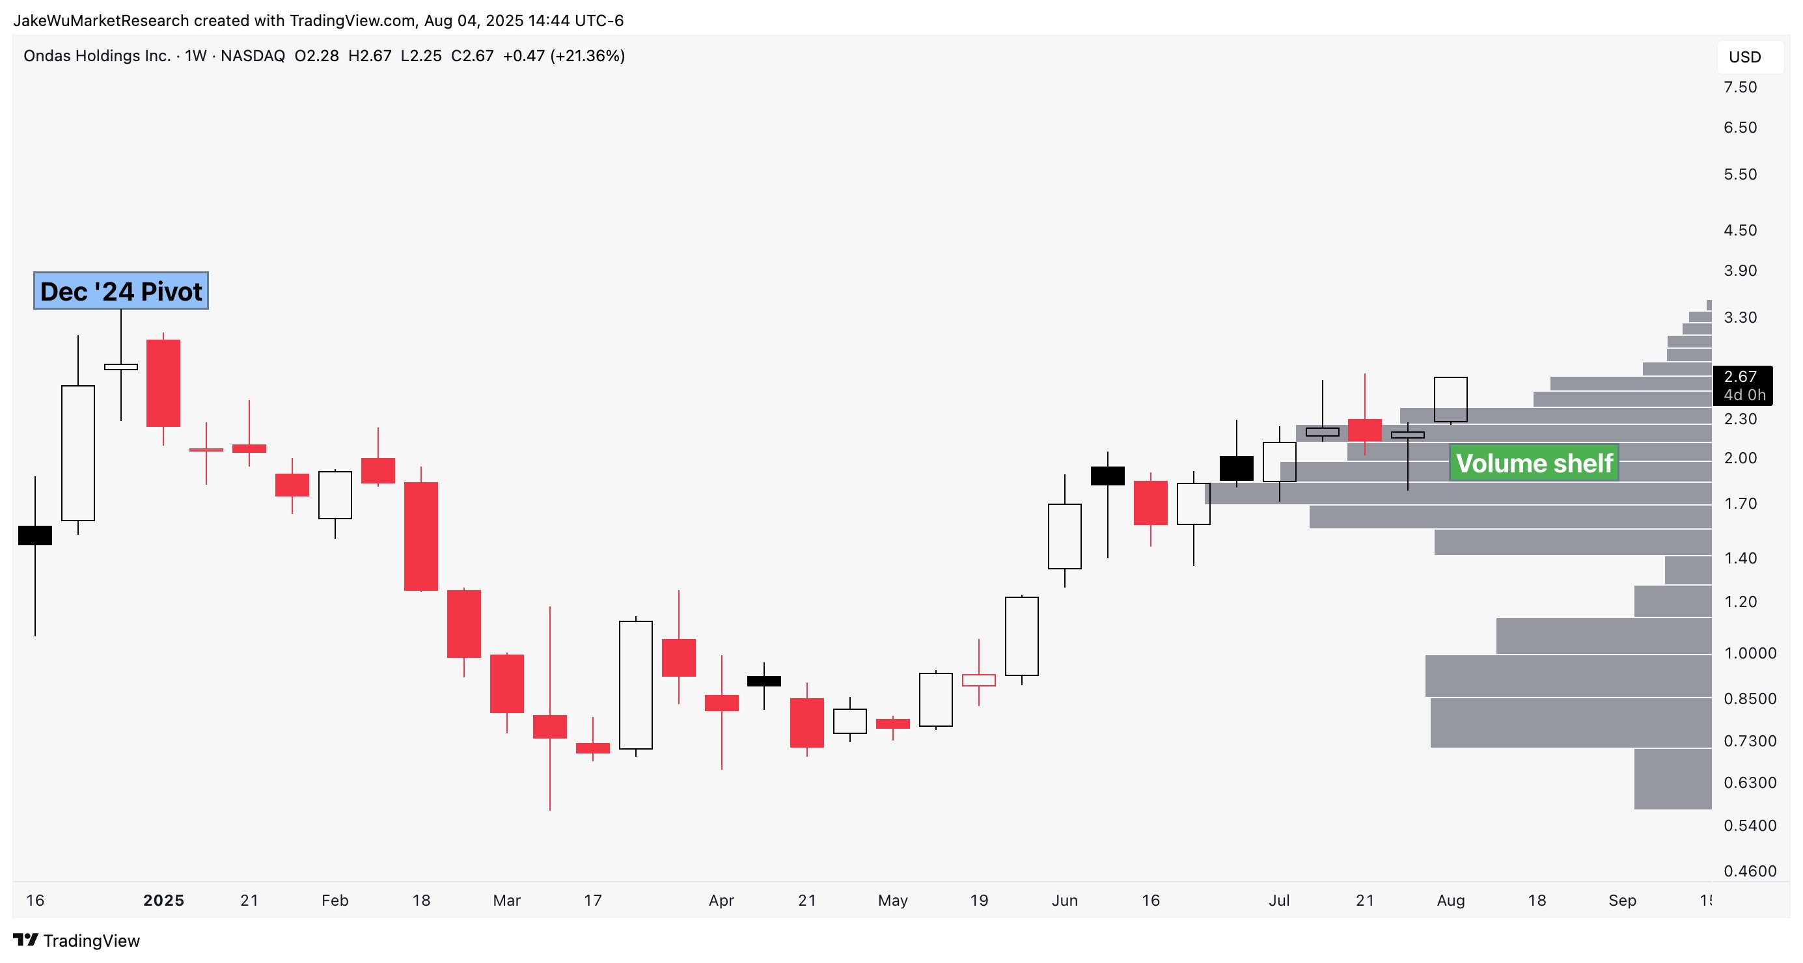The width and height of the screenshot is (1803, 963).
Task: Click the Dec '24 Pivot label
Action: tap(121, 291)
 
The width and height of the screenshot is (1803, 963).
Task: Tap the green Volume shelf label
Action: tap(1534, 463)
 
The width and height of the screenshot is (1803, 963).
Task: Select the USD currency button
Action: tap(1744, 57)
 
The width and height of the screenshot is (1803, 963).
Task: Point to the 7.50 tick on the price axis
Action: tap(1740, 87)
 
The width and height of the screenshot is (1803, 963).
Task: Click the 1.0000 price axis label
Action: tap(1750, 653)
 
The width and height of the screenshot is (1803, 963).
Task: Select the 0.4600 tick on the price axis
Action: tap(1750, 871)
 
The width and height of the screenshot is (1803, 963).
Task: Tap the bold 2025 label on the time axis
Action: tap(163, 901)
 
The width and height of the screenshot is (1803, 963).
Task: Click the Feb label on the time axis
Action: tap(335, 901)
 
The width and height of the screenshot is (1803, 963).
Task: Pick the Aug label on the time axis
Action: tap(1450, 901)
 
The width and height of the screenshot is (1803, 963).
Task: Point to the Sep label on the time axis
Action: tap(1621, 901)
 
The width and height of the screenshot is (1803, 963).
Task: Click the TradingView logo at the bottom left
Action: tap(77, 941)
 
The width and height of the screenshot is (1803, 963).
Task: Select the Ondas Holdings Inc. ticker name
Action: tap(97, 56)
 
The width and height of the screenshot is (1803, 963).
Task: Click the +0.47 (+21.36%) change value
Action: tap(564, 56)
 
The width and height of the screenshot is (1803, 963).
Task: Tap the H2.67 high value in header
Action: tap(370, 56)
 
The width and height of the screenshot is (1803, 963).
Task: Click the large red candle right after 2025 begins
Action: tap(163, 383)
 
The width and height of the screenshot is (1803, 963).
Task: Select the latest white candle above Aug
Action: tap(1450, 400)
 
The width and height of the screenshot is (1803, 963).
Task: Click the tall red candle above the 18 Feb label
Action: tap(420, 536)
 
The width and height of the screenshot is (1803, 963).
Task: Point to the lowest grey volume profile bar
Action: tap(1672, 779)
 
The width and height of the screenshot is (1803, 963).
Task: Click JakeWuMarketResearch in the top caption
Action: tap(101, 21)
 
